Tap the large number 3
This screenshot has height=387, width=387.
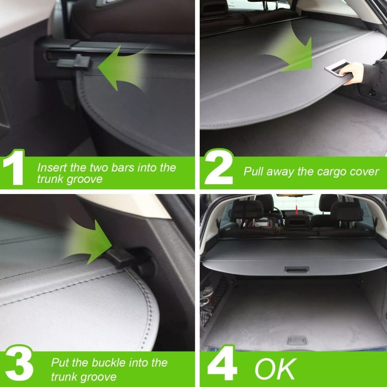pyautogui.click(x=16, y=369)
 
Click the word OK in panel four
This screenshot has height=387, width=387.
pyautogui.click(x=275, y=369)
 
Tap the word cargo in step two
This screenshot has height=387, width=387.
pyautogui.click(x=320, y=171)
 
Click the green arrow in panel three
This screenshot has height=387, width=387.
pyautogui.click(x=89, y=242)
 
